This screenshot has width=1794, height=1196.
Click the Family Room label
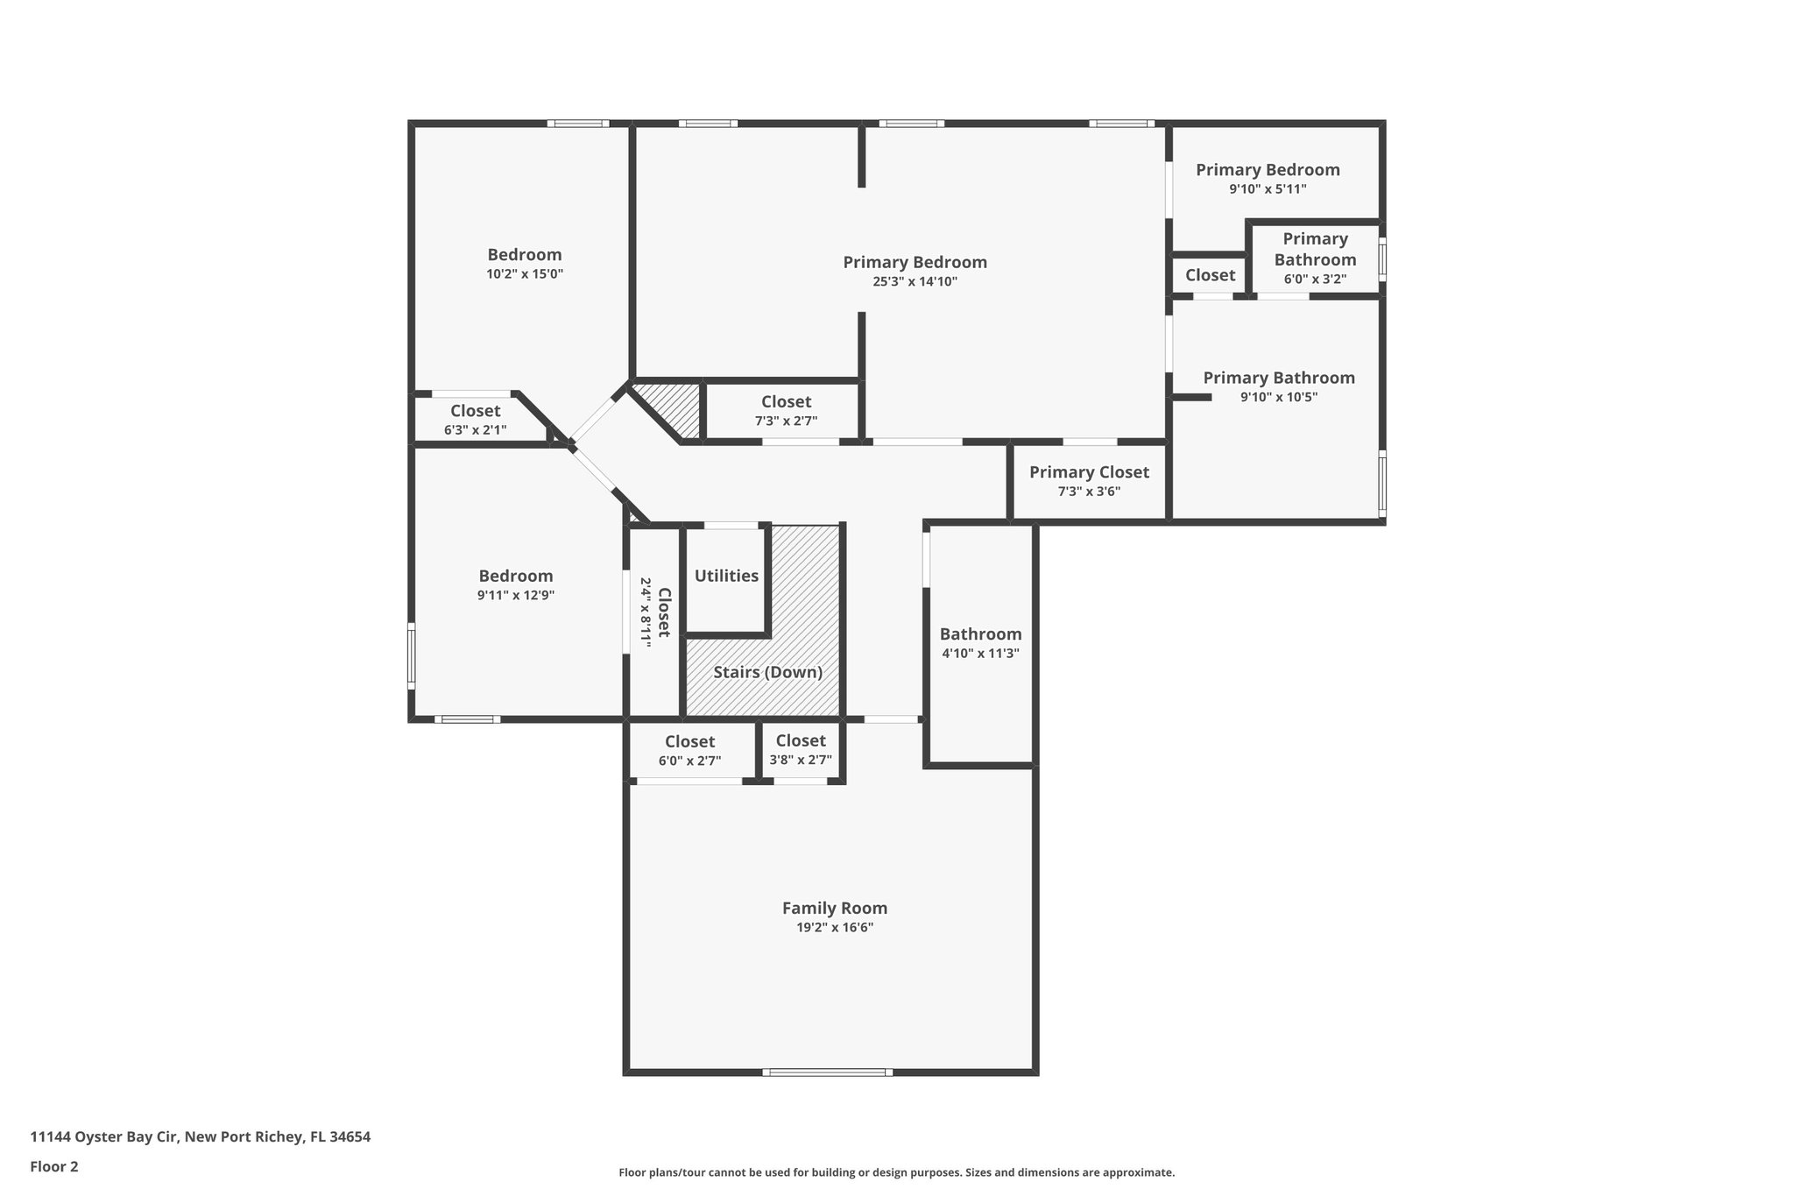pos(834,909)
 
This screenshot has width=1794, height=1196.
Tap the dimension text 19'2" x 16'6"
pos(834,928)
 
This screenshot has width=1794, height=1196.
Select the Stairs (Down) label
pos(767,672)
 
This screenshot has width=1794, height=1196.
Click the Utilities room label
pos(726,576)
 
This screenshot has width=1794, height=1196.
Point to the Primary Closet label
pos(1089,472)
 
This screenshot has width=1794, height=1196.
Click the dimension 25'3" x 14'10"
pos(915,281)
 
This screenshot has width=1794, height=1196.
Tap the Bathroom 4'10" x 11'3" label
pos(980,643)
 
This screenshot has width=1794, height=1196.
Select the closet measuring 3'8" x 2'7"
pos(801,750)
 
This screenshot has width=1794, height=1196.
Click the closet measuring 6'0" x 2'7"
pos(689,751)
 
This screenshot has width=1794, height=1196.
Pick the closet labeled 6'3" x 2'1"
pos(475,420)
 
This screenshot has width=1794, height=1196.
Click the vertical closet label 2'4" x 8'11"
pos(655,612)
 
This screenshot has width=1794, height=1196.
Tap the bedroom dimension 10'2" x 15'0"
pos(524,273)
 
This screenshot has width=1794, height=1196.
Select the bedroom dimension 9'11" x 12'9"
pos(515,595)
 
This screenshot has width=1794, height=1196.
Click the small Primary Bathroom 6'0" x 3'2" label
pos(1315,259)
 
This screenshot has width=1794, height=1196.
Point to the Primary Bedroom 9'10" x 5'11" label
pos(1268,178)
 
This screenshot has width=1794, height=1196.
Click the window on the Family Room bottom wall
pos(827,1072)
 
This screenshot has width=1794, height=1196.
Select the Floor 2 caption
pos(54,1166)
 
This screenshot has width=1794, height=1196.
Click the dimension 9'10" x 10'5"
pos(1278,397)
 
